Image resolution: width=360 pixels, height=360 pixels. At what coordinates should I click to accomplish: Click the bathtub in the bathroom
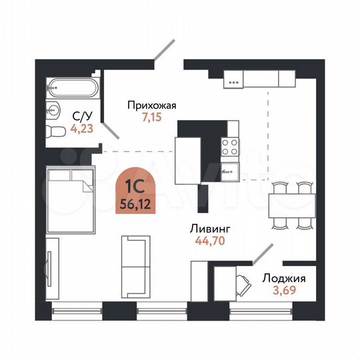point(73,87)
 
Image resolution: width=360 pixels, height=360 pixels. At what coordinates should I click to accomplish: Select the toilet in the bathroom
point(53,131)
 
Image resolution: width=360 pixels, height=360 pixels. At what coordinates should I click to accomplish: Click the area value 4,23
point(82,129)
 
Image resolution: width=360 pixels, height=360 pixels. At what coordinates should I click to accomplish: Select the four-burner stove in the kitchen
point(230,146)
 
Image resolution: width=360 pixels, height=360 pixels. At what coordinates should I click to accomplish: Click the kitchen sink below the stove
point(230,169)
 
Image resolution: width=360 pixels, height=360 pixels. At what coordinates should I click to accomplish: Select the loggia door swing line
point(260,254)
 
